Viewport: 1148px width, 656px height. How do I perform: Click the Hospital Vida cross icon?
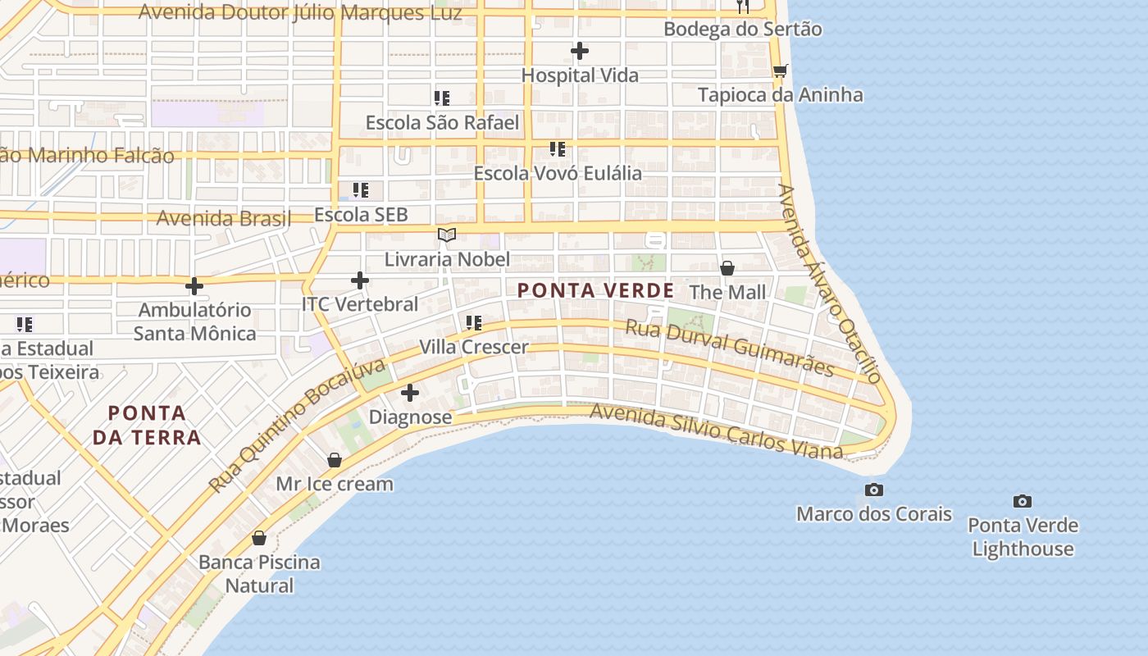(x=580, y=51)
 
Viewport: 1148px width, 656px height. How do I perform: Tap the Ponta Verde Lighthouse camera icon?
(x=1022, y=501)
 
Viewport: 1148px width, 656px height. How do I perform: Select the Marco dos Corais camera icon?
(x=874, y=490)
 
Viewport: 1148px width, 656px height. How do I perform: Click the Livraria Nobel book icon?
(x=446, y=235)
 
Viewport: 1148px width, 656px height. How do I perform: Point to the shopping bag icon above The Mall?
(x=727, y=268)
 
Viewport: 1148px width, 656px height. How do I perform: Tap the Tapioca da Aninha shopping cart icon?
(x=780, y=71)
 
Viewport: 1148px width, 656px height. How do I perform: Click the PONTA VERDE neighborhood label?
(x=595, y=290)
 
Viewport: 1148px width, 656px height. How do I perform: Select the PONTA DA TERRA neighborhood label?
(x=147, y=425)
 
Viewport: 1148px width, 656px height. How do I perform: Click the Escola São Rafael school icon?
(x=442, y=98)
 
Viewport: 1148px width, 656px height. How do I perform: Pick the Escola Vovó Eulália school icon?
(x=558, y=149)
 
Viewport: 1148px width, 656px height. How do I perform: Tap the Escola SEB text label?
(x=361, y=215)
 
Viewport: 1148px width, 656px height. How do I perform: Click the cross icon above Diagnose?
(x=410, y=393)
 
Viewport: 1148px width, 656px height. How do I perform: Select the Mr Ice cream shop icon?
(x=334, y=460)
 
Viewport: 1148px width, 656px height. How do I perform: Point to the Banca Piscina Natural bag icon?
(x=259, y=538)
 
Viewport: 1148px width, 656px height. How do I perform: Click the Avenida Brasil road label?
(x=223, y=218)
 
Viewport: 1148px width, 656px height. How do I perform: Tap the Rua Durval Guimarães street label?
(x=729, y=348)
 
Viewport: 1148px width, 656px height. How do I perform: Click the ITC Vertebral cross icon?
(x=359, y=280)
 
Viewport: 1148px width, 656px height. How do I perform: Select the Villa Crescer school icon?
(x=474, y=323)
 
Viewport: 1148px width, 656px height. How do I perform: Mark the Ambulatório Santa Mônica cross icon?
(x=194, y=286)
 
